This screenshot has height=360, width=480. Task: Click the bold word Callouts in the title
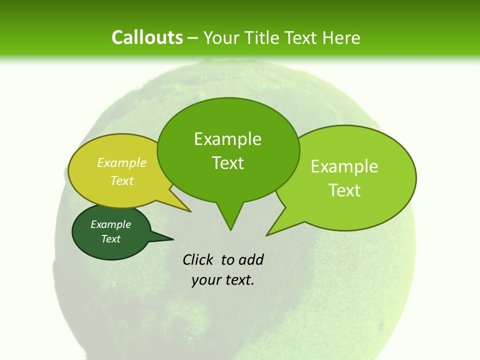(x=147, y=37)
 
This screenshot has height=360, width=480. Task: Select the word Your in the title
(x=222, y=37)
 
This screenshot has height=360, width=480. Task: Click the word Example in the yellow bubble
(x=122, y=162)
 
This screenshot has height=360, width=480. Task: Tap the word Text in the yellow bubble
(x=122, y=180)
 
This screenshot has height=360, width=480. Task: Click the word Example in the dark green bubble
(x=110, y=224)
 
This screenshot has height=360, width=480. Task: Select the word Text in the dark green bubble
(x=110, y=239)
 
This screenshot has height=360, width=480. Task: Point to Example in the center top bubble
(x=227, y=139)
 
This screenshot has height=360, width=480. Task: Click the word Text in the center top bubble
(x=227, y=163)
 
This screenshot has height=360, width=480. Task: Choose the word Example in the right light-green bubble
(x=344, y=166)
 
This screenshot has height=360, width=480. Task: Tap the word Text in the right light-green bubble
(x=344, y=190)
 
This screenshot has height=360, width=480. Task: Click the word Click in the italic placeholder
(x=198, y=259)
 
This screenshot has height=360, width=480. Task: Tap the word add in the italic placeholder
(x=250, y=259)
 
